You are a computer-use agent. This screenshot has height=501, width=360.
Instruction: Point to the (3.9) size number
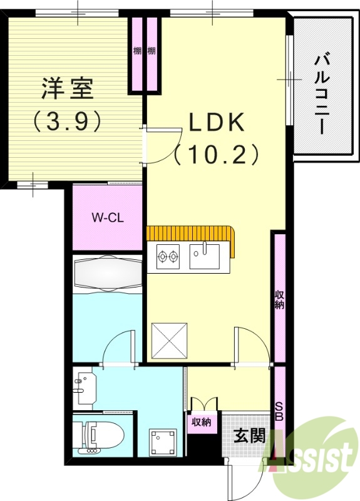click(68, 121)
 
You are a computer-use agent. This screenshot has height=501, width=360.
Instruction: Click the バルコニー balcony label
click(322, 94)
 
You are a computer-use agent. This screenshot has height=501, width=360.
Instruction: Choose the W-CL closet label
click(106, 218)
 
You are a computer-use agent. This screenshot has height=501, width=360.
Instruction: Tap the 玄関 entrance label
click(249, 436)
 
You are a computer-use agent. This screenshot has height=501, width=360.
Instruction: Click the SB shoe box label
click(279, 411)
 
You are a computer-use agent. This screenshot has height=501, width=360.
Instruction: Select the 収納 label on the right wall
click(279, 299)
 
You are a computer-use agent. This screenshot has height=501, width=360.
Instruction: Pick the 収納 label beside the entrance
click(202, 422)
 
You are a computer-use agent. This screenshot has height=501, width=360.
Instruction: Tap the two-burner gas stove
click(168, 256)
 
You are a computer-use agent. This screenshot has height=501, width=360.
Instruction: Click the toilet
click(100, 436)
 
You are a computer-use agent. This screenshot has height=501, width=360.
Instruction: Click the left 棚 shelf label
click(137, 51)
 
